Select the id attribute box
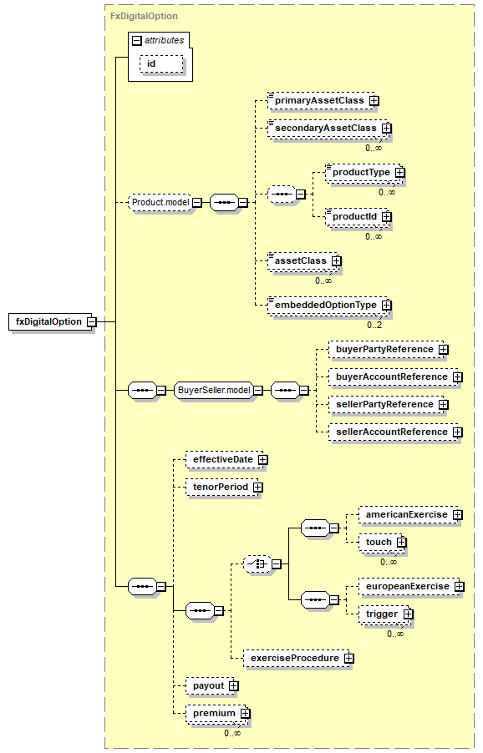[161, 64]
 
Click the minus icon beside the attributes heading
[137, 41]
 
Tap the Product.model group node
[160, 203]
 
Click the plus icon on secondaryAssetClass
[387, 129]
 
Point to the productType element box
[364, 173]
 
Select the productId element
[357, 217]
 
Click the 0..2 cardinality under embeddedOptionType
[374, 325]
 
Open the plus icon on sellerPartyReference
[444, 405]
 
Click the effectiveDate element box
[225, 460]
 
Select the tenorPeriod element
[222, 488]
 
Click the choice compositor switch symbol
[257, 563]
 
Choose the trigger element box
[384, 614]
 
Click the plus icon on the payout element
[234, 686]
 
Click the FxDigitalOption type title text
[145, 17]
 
